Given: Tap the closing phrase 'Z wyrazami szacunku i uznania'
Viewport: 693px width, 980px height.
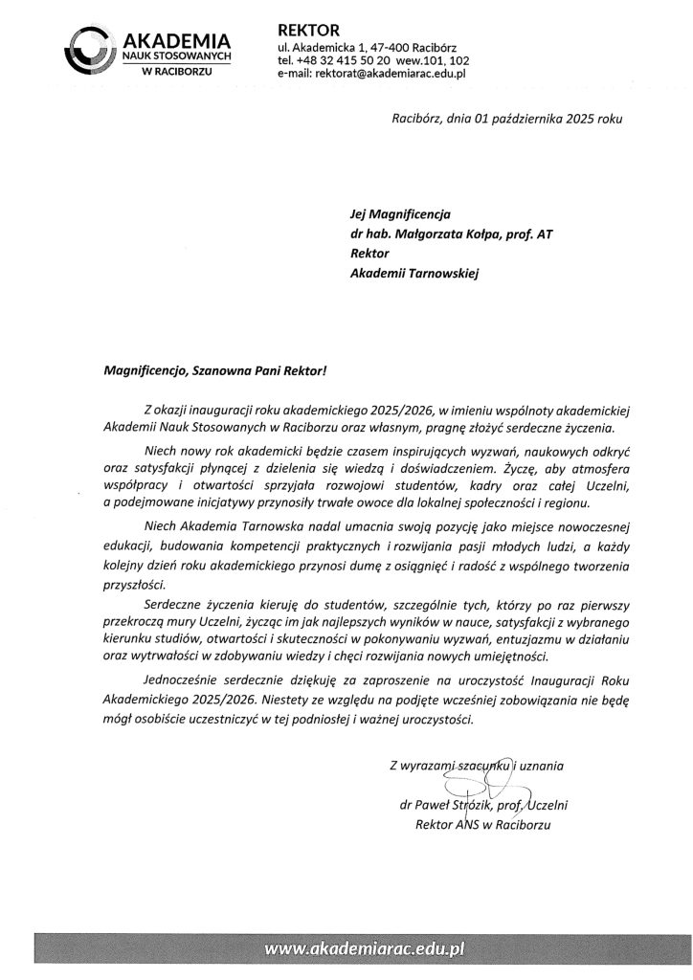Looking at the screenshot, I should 477,764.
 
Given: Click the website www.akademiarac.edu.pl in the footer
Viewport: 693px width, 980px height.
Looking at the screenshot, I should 365,949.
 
